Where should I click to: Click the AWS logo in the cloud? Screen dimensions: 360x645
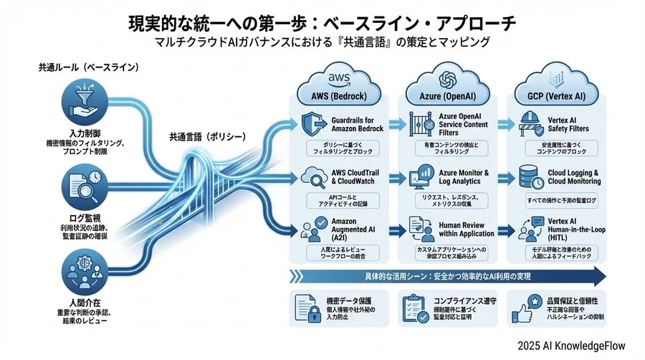coord(338,77)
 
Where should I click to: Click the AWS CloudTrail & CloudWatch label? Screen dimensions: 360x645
coord(355,177)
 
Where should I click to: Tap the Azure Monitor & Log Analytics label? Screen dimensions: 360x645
coord(463,177)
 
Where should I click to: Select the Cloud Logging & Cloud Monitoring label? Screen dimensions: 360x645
coord(574,177)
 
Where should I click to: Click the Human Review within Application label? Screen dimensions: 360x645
coord(467,229)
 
